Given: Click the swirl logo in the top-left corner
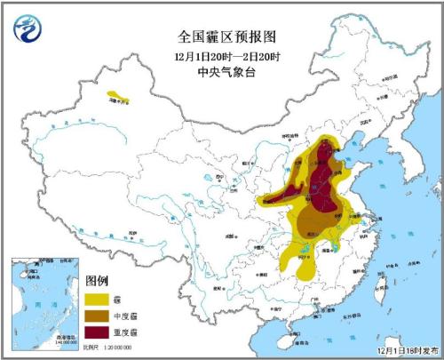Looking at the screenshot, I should point(26,30).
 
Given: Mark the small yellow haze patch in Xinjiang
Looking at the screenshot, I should point(116,94).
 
